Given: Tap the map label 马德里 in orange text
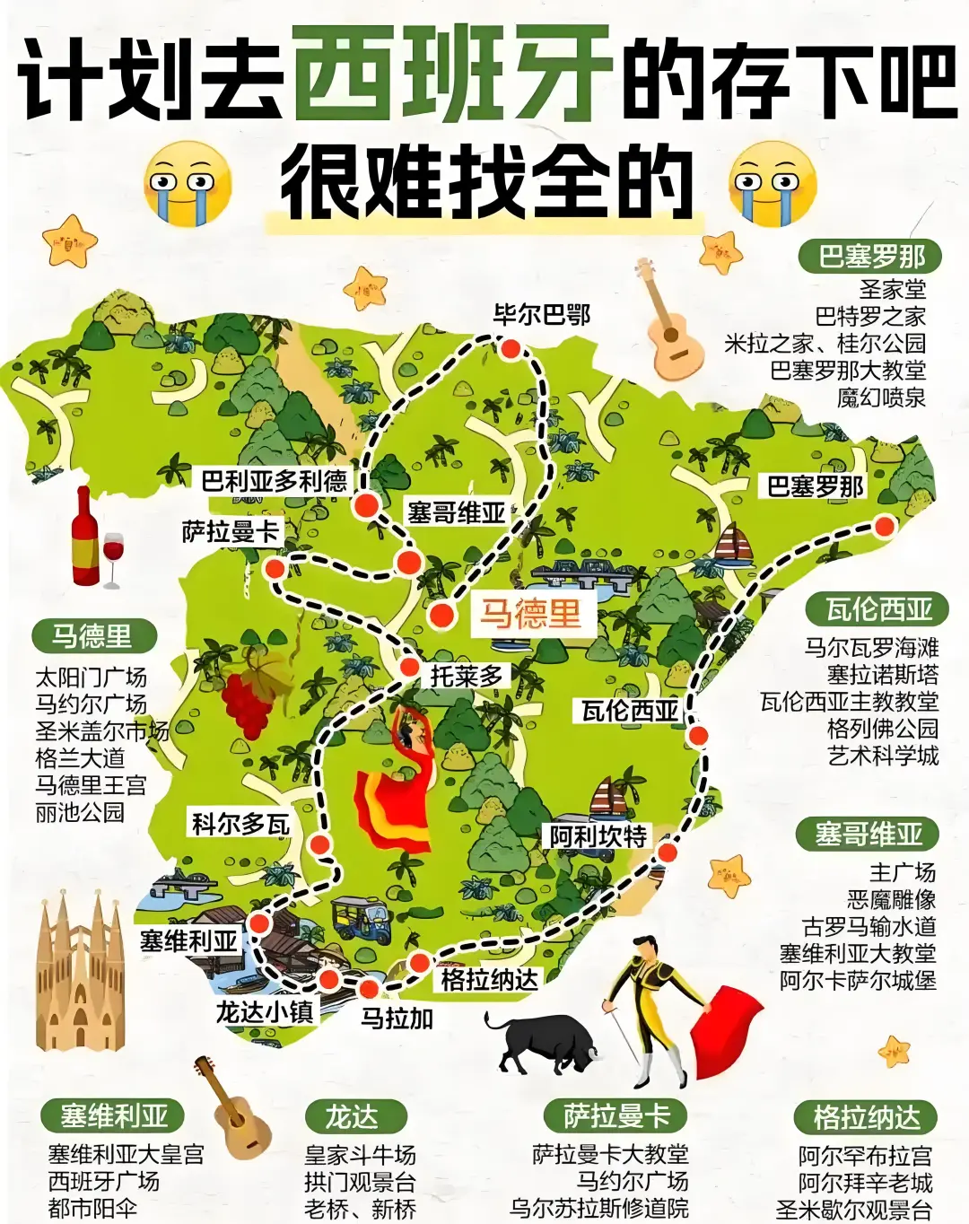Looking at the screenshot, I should [x=529, y=614].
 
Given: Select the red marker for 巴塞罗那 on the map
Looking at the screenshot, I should [x=885, y=526].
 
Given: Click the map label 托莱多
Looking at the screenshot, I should [x=467, y=675].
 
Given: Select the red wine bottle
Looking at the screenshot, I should [x=86, y=538].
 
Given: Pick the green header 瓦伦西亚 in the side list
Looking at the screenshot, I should [x=878, y=610].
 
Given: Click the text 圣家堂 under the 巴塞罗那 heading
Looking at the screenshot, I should [x=892, y=289].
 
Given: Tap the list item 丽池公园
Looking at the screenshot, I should [x=80, y=812].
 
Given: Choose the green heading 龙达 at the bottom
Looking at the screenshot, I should [x=353, y=1117].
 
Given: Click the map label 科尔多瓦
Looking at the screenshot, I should [x=240, y=823].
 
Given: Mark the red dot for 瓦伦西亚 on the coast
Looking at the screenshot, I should [x=697, y=737].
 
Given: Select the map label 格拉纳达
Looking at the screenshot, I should [x=489, y=979].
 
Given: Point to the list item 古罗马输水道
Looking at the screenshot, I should [x=869, y=925].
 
